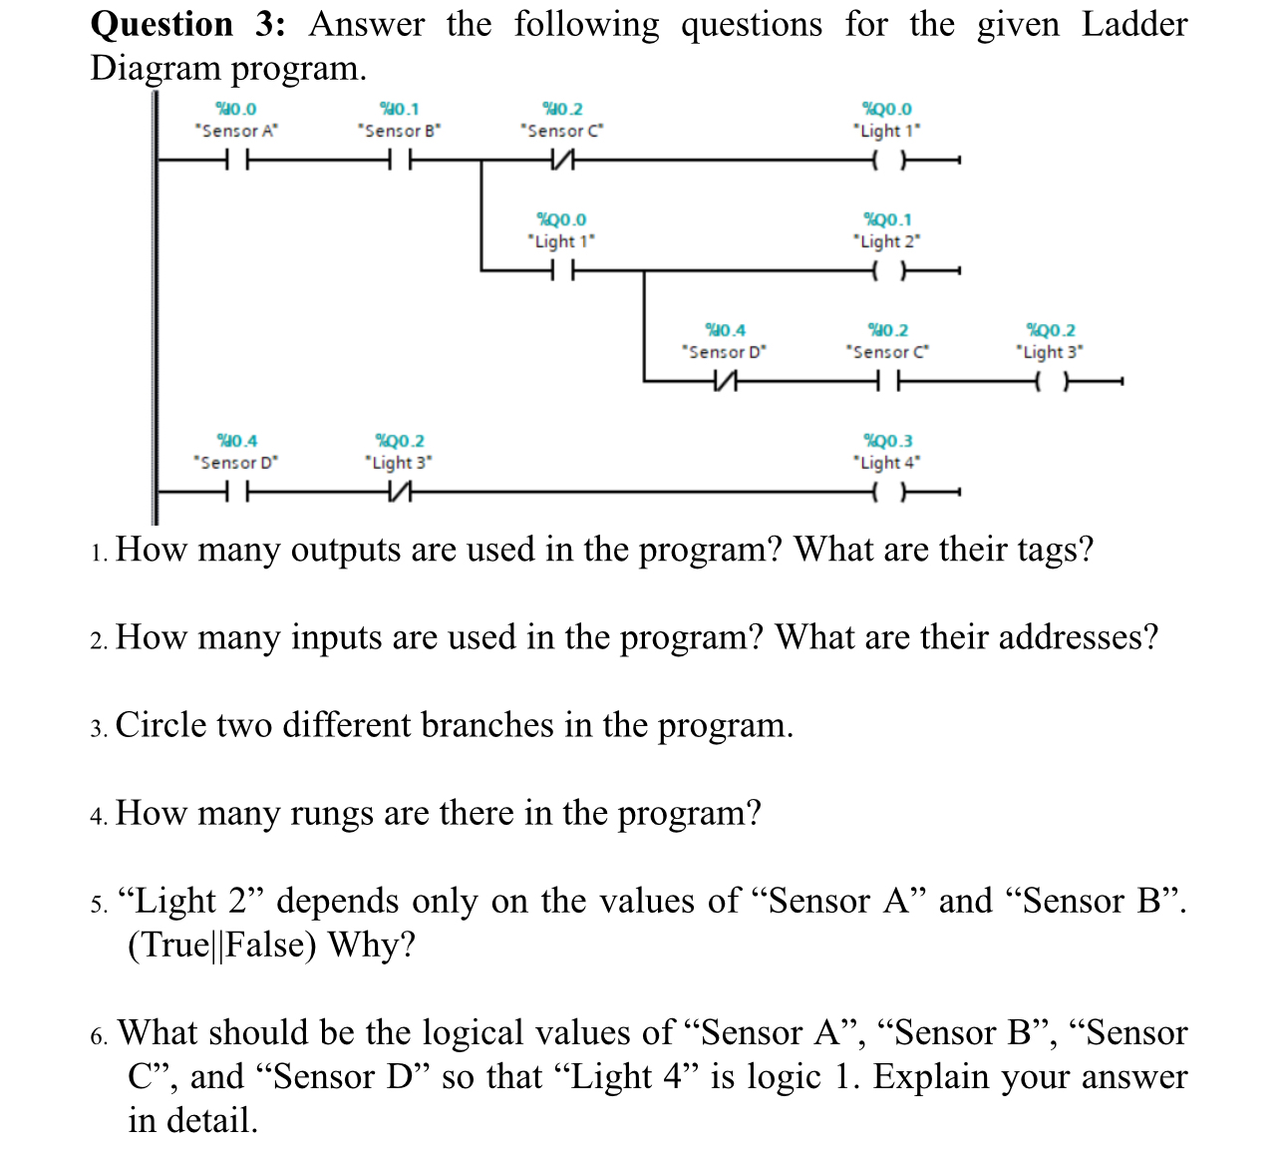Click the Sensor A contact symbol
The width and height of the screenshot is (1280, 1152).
click(x=236, y=160)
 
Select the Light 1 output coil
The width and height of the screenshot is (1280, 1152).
click(x=887, y=160)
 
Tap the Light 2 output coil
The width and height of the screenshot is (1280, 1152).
click(x=887, y=270)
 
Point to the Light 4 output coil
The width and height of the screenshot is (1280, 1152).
click(x=887, y=492)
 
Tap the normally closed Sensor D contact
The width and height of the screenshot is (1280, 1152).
click(x=725, y=381)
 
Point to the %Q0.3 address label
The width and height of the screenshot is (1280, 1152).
click(x=887, y=441)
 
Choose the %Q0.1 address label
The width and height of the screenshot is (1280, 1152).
click(x=887, y=219)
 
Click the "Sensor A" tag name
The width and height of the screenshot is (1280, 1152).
click(x=236, y=131)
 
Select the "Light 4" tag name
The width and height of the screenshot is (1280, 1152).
click(x=887, y=463)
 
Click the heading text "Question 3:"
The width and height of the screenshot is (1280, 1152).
click(x=187, y=24)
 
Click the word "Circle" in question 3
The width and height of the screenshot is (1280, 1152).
click(x=164, y=725)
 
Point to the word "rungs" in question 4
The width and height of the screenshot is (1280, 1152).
click(x=329, y=813)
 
